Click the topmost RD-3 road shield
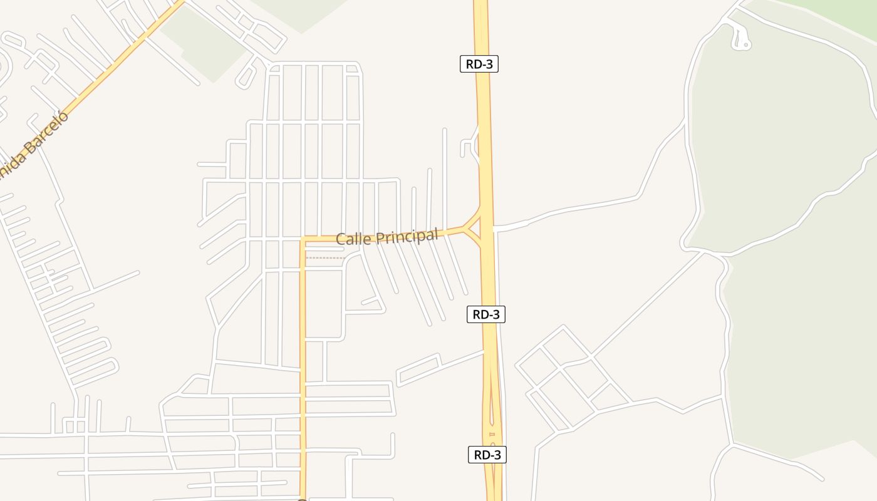(479, 64)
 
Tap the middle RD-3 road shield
(486, 314)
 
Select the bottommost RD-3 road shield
(487, 455)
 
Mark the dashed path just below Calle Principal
(324, 257)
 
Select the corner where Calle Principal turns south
(303, 239)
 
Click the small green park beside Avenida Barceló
(204, 44)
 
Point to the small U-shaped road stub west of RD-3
(467, 148)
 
